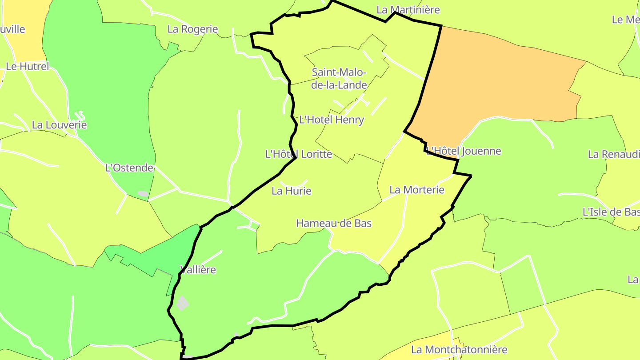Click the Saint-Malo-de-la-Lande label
tap(339, 78)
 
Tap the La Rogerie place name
tap(193, 29)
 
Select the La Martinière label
tap(408, 10)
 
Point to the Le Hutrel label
tap(28, 67)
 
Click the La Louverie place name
tap(60, 125)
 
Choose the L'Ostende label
tap(129, 168)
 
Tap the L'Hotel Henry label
tap(332, 120)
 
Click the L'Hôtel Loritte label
tap(299, 154)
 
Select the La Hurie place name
tap(292, 191)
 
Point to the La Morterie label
tap(417, 190)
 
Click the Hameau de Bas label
tap(334, 223)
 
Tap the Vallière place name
tap(198, 269)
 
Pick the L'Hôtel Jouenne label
tap(464, 151)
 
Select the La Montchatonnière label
tap(459, 350)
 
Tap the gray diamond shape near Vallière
tap(182, 304)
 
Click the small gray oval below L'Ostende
tap(143, 194)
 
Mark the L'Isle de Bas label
tap(611, 212)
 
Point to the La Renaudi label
tap(614, 154)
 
